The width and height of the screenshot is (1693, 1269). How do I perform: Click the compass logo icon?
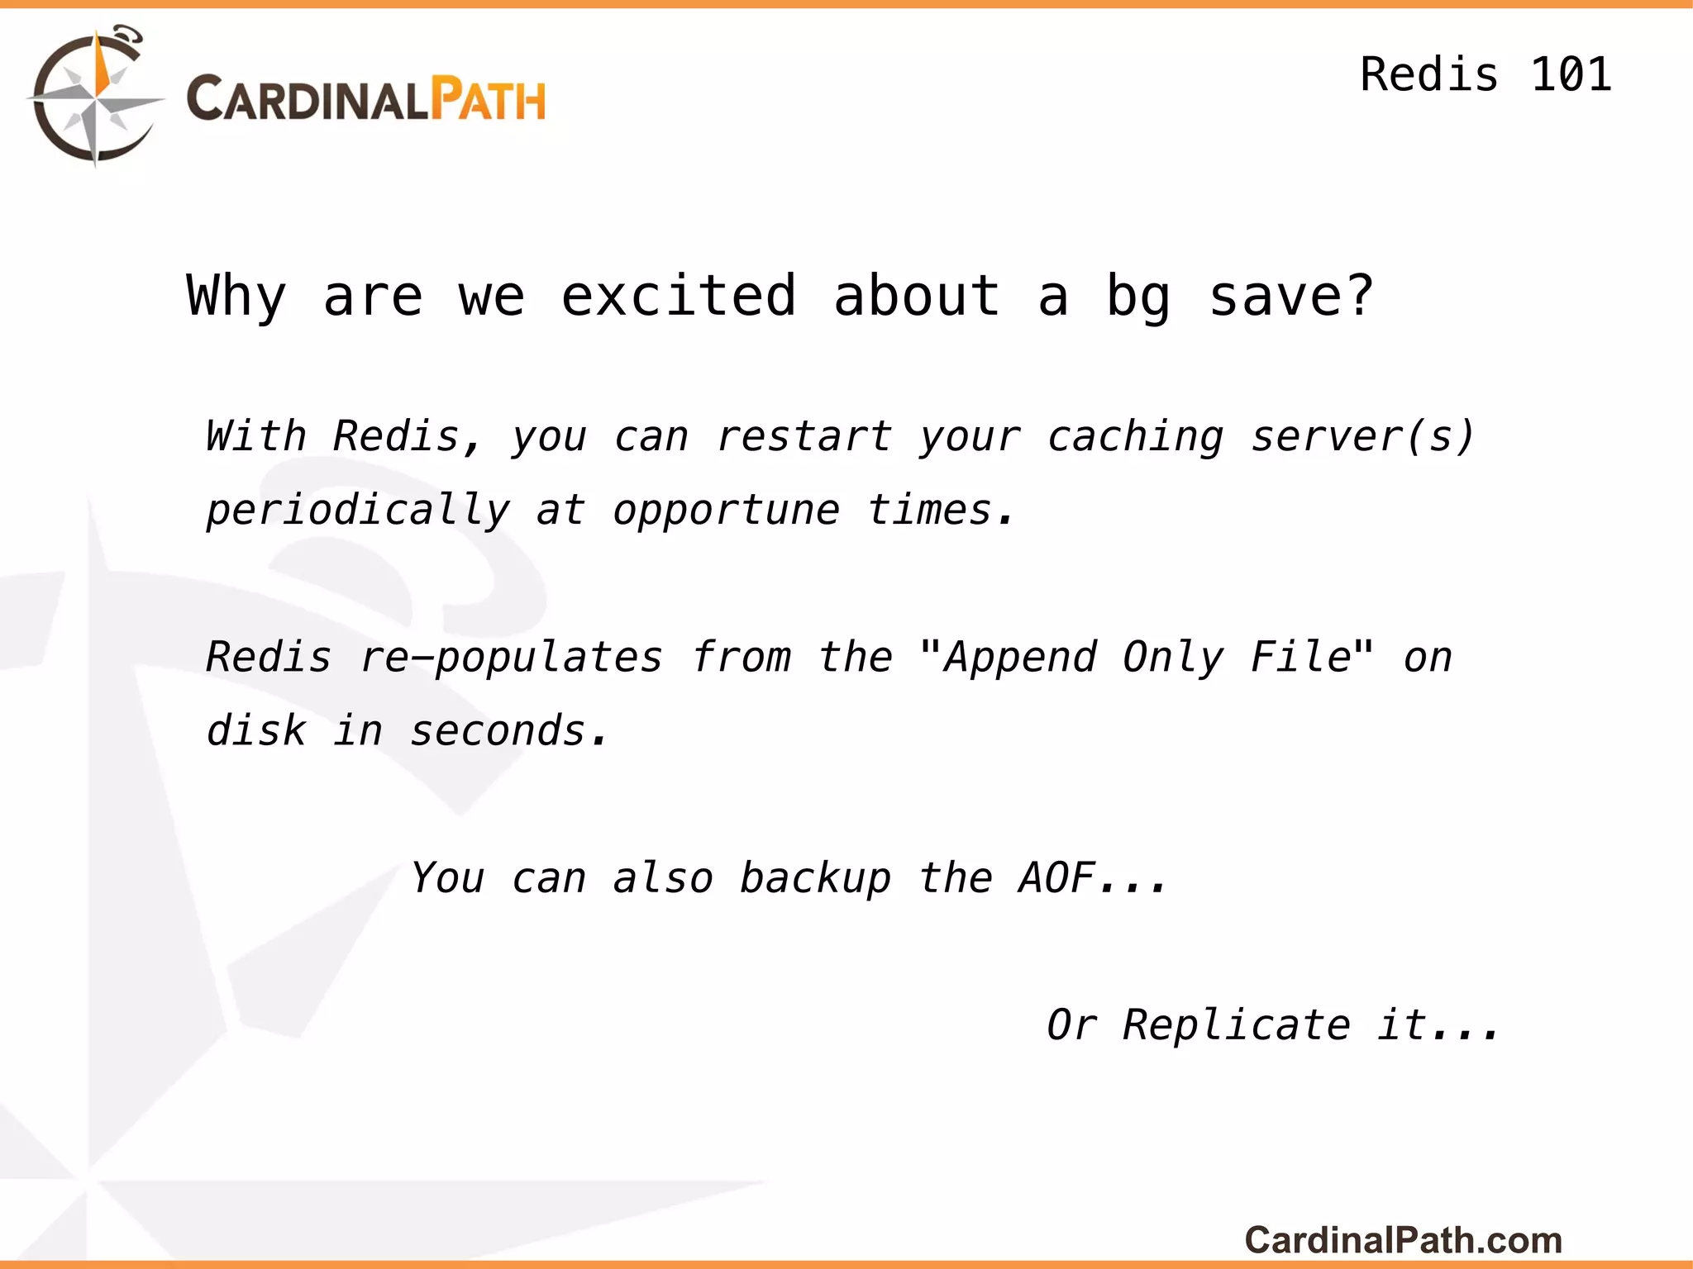click(95, 97)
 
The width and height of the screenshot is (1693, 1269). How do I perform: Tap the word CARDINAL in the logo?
click(307, 99)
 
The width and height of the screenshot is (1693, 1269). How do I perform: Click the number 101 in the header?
click(1571, 74)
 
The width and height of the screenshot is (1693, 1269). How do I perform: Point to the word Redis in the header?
click(1428, 74)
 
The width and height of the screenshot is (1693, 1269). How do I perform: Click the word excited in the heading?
click(678, 296)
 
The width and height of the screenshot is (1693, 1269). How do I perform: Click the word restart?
click(804, 436)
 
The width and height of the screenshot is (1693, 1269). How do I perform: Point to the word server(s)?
click(1362, 436)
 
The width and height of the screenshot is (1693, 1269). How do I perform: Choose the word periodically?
click(358, 511)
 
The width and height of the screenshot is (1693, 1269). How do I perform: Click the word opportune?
click(726, 511)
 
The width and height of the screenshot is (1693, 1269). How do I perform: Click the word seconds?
click(498, 731)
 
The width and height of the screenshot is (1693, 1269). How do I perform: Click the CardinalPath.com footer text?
click(1403, 1240)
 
